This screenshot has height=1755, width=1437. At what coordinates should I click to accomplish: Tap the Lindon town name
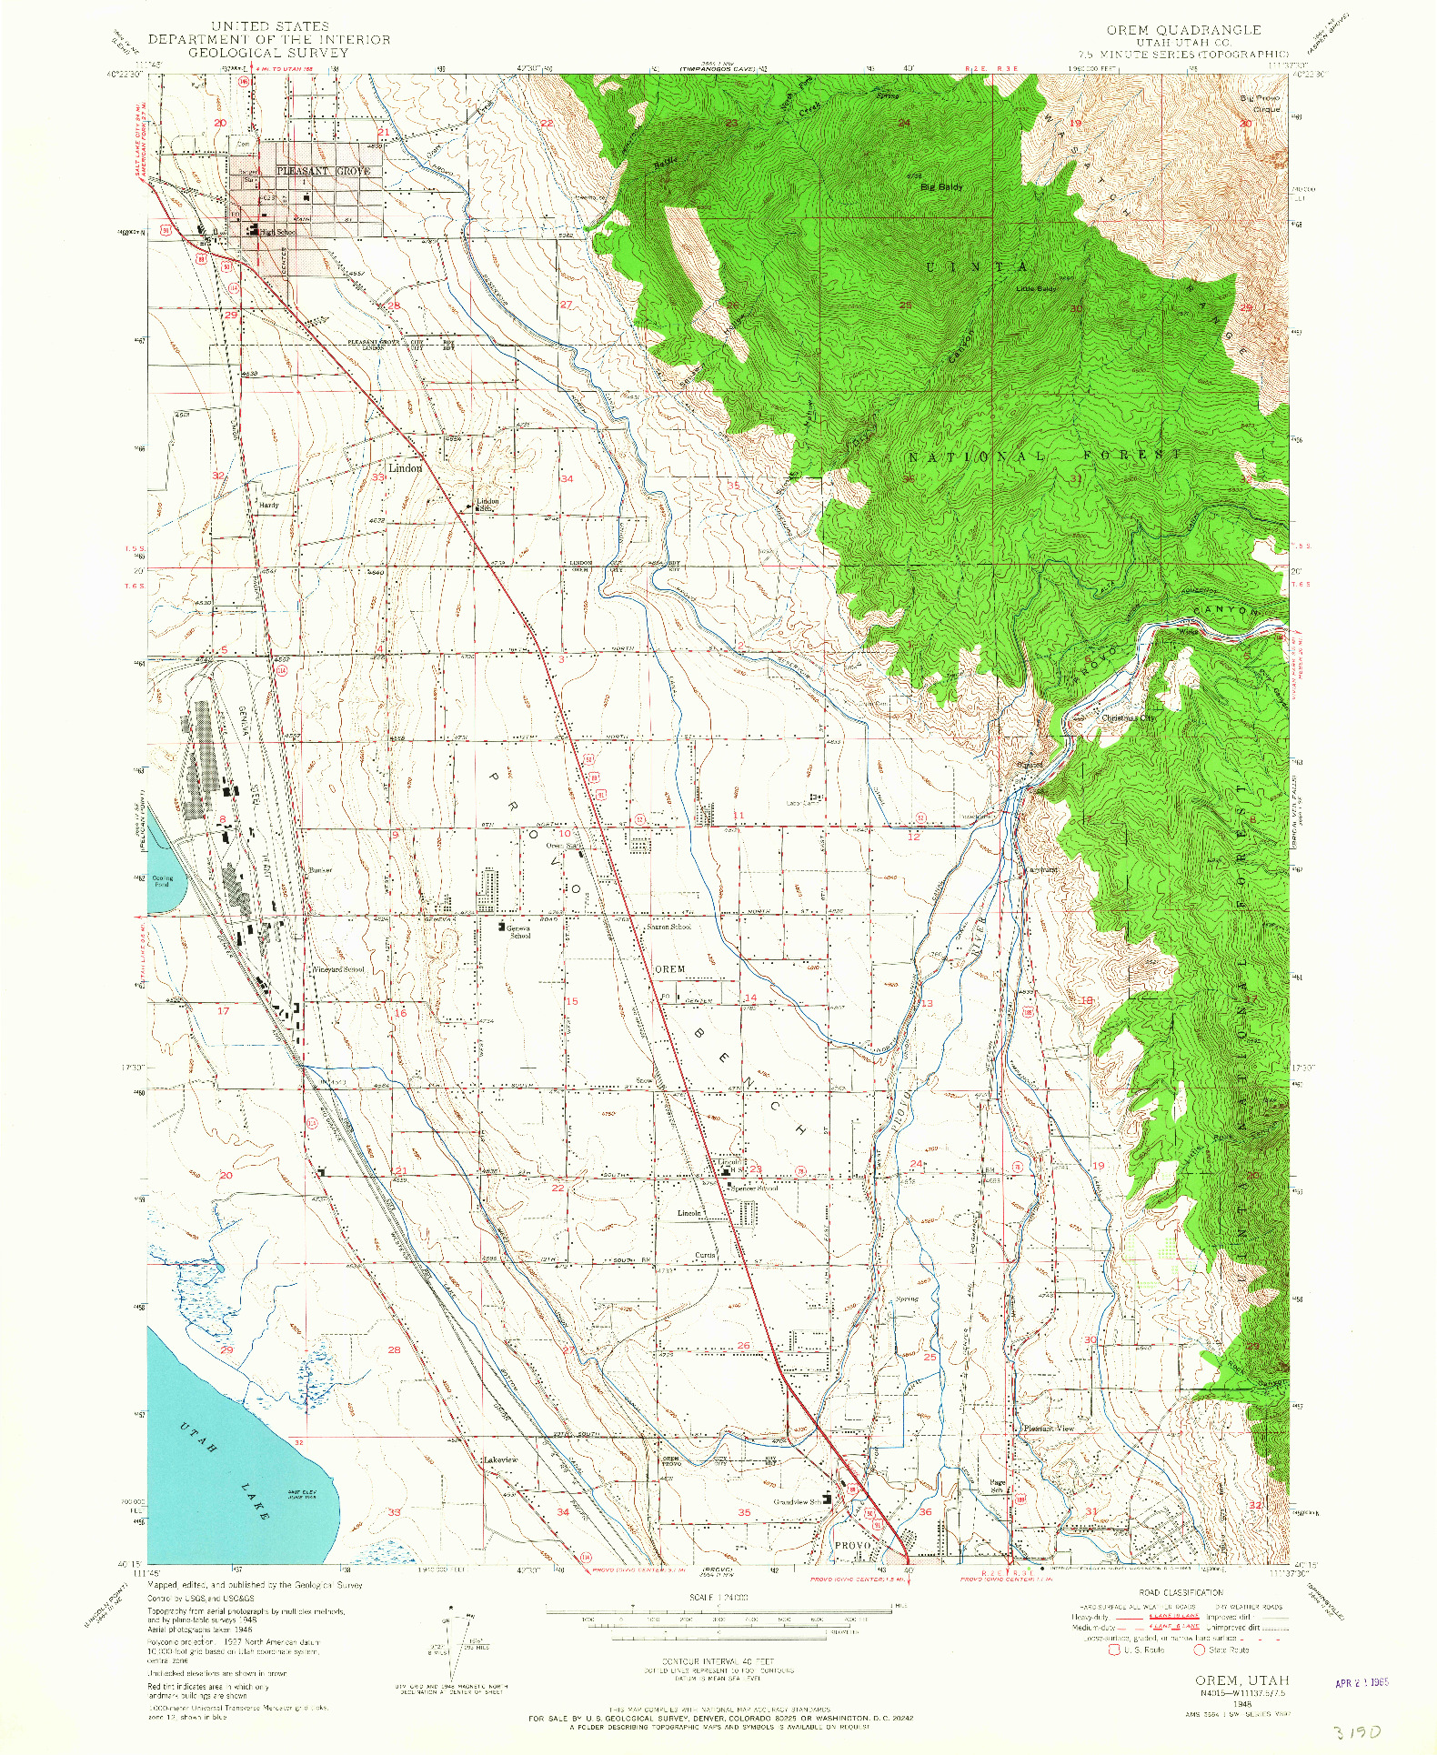point(405,468)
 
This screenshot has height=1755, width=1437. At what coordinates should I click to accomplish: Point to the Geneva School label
point(519,930)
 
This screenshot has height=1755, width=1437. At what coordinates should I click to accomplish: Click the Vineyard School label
point(338,969)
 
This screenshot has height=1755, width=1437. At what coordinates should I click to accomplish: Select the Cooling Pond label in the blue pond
point(163,881)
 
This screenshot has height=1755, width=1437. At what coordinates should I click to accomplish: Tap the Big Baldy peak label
point(940,186)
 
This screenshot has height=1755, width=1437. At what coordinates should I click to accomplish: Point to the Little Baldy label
point(1036,289)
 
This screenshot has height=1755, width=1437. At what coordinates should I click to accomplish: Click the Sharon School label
point(668,927)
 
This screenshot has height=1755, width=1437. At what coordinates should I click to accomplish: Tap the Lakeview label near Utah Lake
point(500,1459)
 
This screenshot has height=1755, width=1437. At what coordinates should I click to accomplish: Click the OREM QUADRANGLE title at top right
point(1183,30)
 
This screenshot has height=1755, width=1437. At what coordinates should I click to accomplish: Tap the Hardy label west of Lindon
point(269,505)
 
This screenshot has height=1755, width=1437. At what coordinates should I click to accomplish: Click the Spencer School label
point(755,1188)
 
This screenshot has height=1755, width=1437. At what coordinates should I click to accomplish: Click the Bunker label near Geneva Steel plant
point(320,870)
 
